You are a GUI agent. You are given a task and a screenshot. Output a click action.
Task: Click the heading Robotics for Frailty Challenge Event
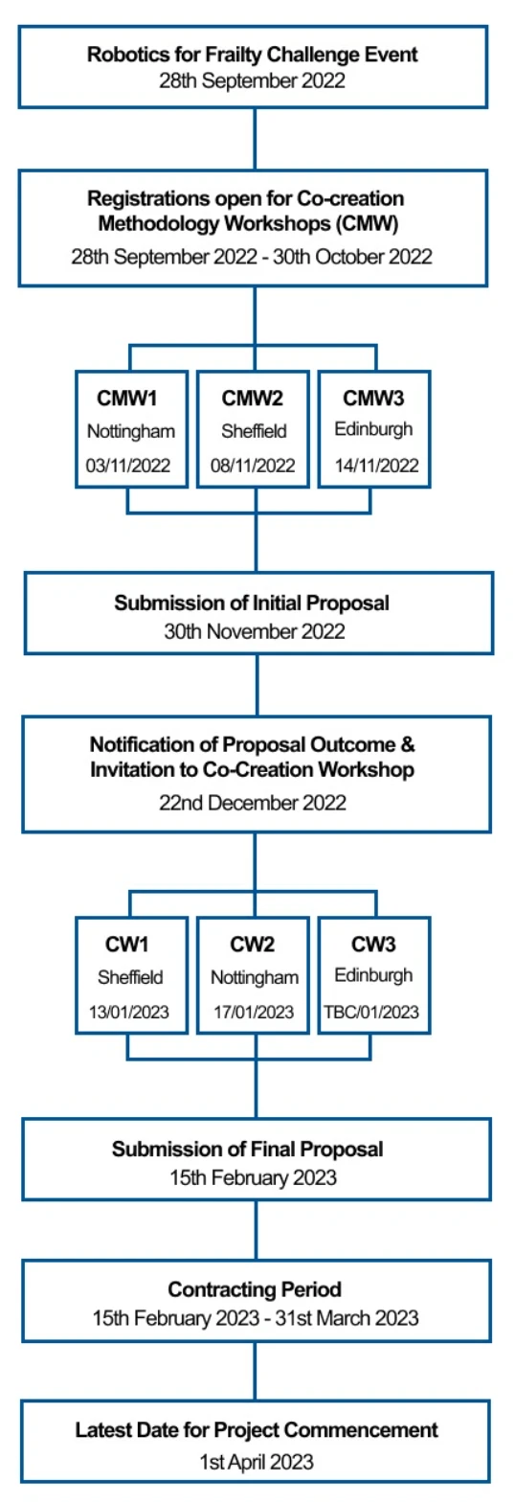pyautogui.click(x=252, y=55)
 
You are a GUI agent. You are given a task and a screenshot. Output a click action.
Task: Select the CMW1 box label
pyautogui.click(x=126, y=399)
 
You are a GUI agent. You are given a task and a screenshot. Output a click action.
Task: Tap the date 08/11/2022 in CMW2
pyautogui.click(x=253, y=466)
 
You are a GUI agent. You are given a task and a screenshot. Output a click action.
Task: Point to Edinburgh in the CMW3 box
pyautogui.click(x=373, y=430)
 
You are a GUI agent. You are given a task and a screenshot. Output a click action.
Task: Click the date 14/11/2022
pyautogui.click(x=377, y=466)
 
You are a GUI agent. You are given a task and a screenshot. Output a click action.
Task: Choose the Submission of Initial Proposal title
pyautogui.click(x=252, y=603)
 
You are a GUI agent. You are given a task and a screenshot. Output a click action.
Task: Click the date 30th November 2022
pyautogui.click(x=255, y=632)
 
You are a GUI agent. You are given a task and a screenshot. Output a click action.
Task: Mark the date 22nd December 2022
pyautogui.click(x=253, y=803)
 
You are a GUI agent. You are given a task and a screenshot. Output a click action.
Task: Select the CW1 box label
pyautogui.click(x=126, y=945)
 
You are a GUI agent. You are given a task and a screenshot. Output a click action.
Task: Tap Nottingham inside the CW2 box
pyautogui.click(x=255, y=977)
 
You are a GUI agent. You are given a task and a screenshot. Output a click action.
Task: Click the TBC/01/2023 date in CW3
pyautogui.click(x=371, y=1012)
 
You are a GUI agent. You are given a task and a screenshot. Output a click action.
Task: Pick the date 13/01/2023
pyautogui.click(x=128, y=1012)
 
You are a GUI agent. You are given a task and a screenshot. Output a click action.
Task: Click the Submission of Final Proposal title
pyautogui.click(x=247, y=1150)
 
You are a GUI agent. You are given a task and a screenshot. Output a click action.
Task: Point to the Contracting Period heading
pyautogui.click(x=255, y=1289)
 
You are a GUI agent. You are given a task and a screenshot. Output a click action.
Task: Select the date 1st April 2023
pyautogui.click(x=257, y=1463)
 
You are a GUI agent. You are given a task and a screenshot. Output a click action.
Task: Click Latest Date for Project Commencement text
pyautogui.click(x=257, y=1431)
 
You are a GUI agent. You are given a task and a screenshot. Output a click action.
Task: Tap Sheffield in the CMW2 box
pyautogui.click(x=254, y=431)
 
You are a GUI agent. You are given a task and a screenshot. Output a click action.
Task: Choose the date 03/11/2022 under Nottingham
pyautogui.click(x=128, y=466)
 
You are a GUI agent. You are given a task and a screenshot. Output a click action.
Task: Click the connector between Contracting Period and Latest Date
pyautogui.click(x=256, y=1372)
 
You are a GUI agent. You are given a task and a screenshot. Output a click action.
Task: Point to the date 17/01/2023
pyautogui.click(x=254, y=1012)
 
